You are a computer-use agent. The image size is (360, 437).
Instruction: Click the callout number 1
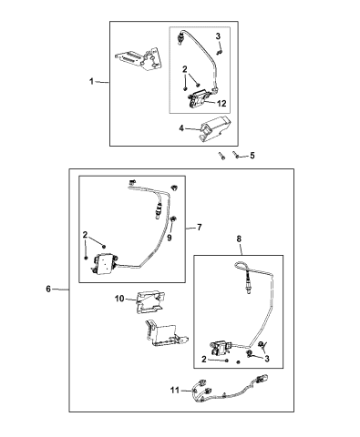[91, 82]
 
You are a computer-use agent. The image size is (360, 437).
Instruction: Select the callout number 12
[221, 103]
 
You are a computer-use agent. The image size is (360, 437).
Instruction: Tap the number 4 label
[182, 129]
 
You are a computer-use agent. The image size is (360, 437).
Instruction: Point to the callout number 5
[252, 156]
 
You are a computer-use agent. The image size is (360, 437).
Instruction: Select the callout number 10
[120, 299]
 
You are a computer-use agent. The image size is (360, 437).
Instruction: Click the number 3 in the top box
[219, 36]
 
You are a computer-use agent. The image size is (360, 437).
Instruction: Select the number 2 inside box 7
[85, 237]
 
